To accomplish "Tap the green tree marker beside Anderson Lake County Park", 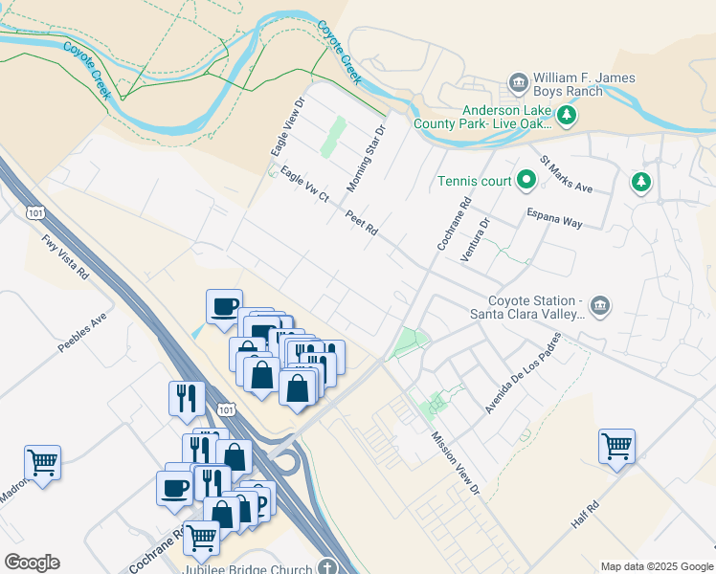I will pyautogui.click(x=568, y=116).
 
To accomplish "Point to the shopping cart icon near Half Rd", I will pyautogui.click(x=616, y=445).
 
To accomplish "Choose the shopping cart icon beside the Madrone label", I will pyautogui.click(x=42, y=463).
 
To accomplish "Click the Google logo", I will pyautogui.click(x=32, y=563).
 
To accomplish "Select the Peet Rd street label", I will pyautogui.click(x=363, y=224).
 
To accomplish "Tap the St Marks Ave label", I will pyautogui.click(x=567, y=174).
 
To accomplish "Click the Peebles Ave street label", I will pyautogui.click(x=83, y=331).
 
